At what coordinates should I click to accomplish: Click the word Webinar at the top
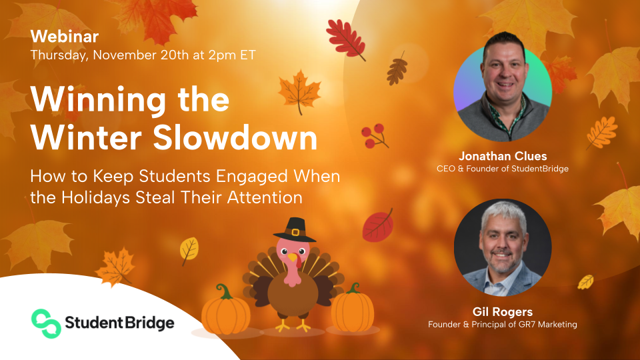click(65, 36)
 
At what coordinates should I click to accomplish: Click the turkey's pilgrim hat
click(295, 230)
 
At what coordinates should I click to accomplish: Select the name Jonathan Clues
click(502, 156)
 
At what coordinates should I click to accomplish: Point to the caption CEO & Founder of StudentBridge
click(502, 169)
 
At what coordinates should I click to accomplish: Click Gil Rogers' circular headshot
click(502, 247)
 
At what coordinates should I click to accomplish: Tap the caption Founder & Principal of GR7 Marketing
click(502, 324)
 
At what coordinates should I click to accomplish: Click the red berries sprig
click(375, 135)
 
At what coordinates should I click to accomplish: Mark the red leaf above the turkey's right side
click(377, 225)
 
